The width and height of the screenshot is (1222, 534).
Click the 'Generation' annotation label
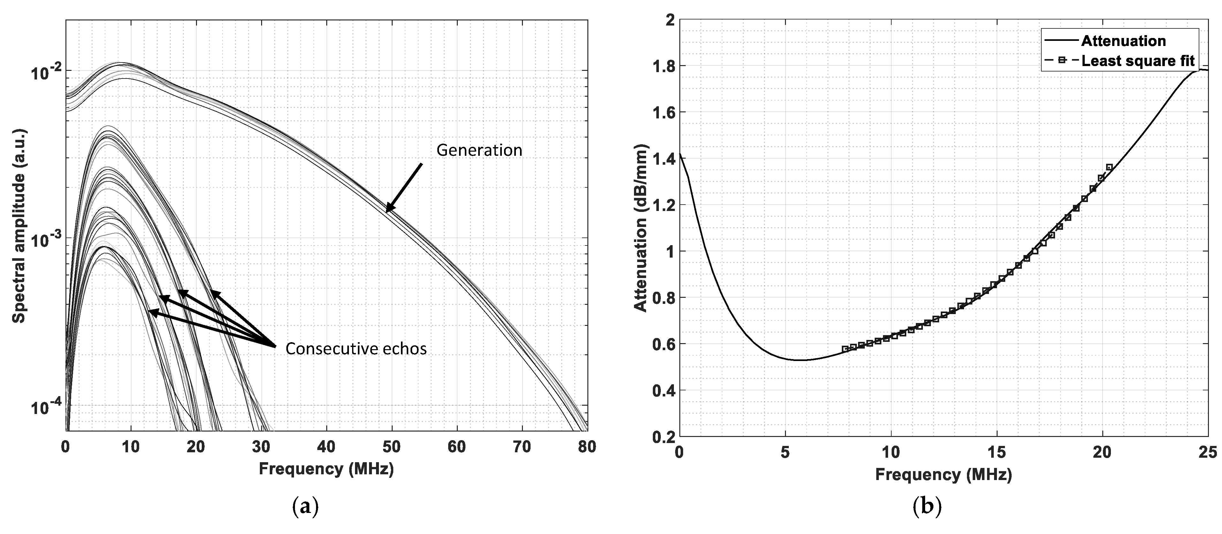[479, 150]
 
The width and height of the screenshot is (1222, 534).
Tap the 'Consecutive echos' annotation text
[356, 349]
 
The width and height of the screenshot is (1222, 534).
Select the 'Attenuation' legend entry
[1123, 41]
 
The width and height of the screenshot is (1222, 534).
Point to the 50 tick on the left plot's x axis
[392, 447]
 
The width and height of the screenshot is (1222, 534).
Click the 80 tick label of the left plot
[587, 447]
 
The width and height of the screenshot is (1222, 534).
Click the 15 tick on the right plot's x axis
[997, 452]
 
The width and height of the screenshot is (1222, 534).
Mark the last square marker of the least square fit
[1109, 167]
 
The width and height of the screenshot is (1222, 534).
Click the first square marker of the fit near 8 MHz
[845, 349]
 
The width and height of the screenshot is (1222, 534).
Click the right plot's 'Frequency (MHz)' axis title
[943, 474]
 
